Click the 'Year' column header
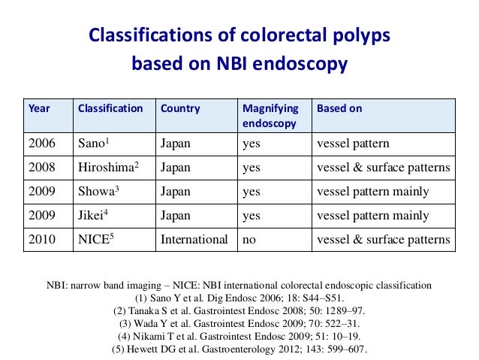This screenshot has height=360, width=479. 39,108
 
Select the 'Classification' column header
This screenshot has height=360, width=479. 110,108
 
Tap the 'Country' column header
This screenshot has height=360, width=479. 180,108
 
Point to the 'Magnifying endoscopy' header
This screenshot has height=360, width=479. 270,115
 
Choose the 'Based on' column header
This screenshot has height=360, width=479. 339,108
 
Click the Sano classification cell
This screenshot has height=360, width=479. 95,143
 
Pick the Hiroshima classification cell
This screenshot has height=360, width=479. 107,168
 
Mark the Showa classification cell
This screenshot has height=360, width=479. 98,192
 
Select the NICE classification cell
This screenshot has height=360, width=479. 96,240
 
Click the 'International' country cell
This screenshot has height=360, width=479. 194,240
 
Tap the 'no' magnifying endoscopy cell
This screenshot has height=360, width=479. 249,240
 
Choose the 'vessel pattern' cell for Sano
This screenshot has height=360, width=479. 354,143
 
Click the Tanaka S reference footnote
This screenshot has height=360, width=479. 239,311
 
